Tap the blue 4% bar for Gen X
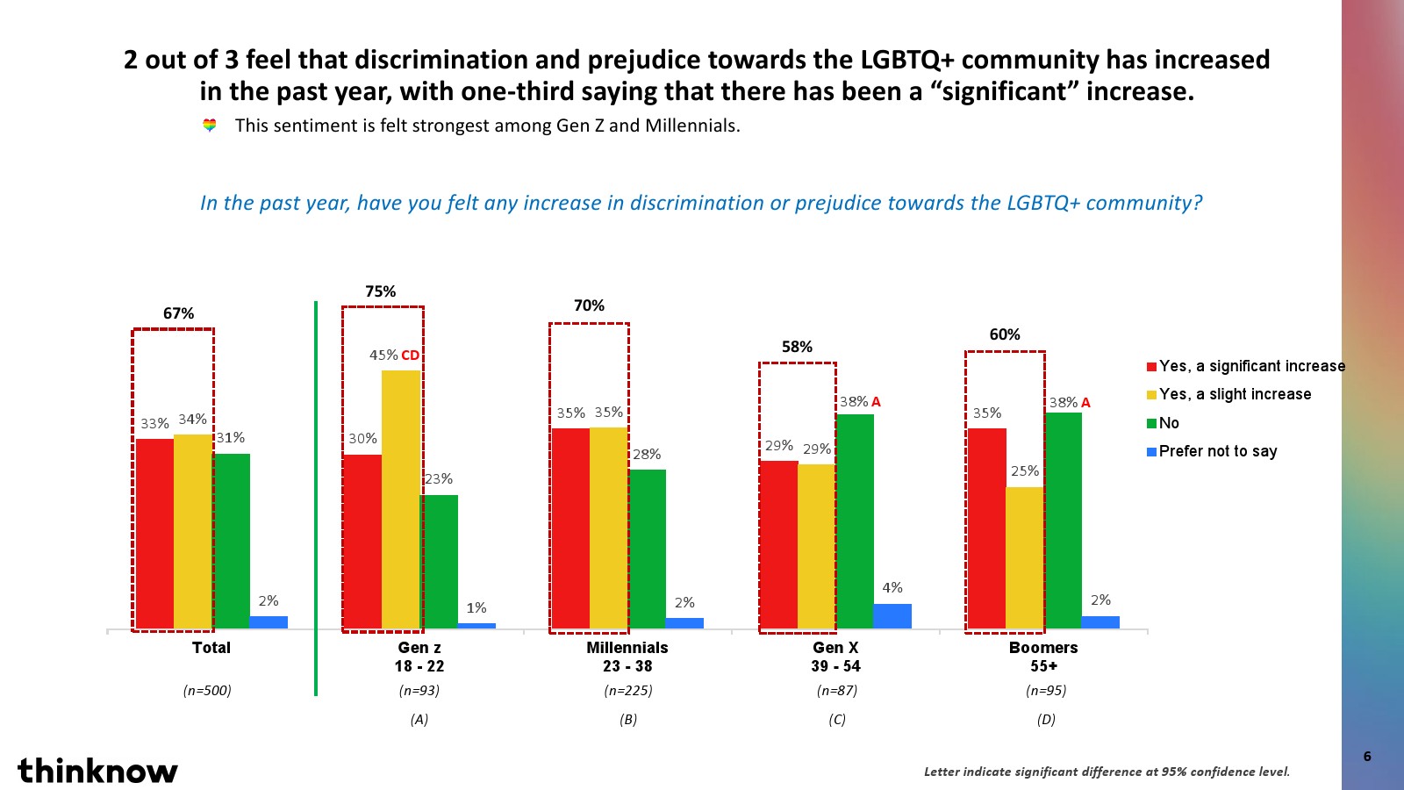(892, 615)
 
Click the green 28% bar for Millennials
(648, 549)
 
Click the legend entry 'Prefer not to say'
(1217, 451)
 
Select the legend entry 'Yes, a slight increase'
(1235, 394)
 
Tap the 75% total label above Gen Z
(381, 291)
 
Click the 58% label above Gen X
(797, 347)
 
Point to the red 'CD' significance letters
(410, 355)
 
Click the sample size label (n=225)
(628, 691)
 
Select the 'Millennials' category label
(627, 648)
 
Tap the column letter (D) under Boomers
(1046, 720)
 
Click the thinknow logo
(97, 771)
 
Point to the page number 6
(1367, 756)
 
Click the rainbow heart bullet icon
(210, 126)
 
